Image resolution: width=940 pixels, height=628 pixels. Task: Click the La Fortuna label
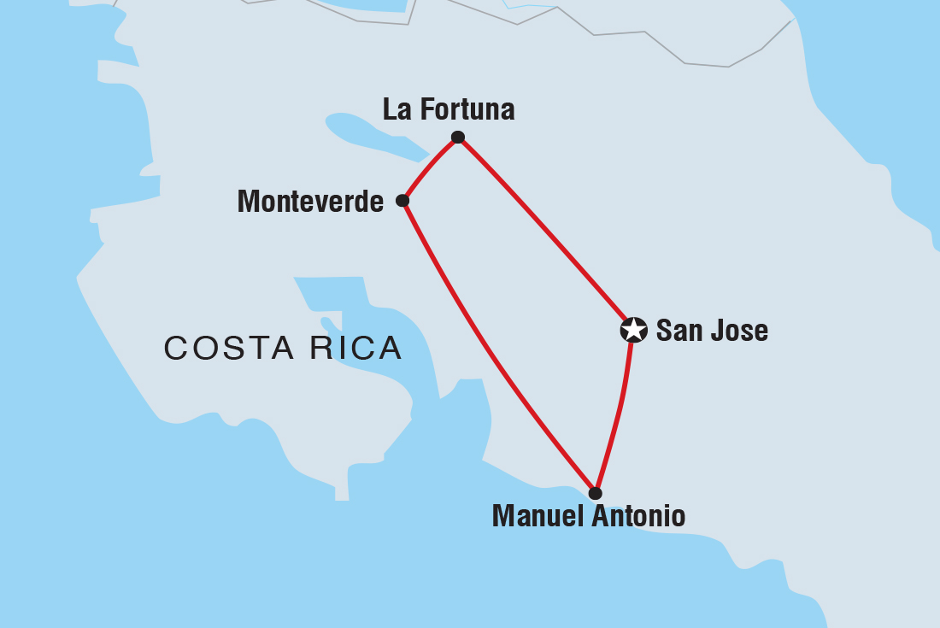point(449,109)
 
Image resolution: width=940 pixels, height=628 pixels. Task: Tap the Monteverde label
point(310,202)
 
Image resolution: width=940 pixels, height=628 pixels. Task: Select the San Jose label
point(712,331)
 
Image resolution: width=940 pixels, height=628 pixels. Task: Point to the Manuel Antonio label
point(588,516)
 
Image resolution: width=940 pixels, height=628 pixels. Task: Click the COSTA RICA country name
point(283,349)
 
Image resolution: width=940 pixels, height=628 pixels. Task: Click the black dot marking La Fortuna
point(458,137)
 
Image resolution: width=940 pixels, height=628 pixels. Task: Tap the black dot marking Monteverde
point(402,201)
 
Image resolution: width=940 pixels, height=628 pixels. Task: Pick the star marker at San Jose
point(633,330)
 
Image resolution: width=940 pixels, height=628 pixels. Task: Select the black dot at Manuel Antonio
point(595,493)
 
